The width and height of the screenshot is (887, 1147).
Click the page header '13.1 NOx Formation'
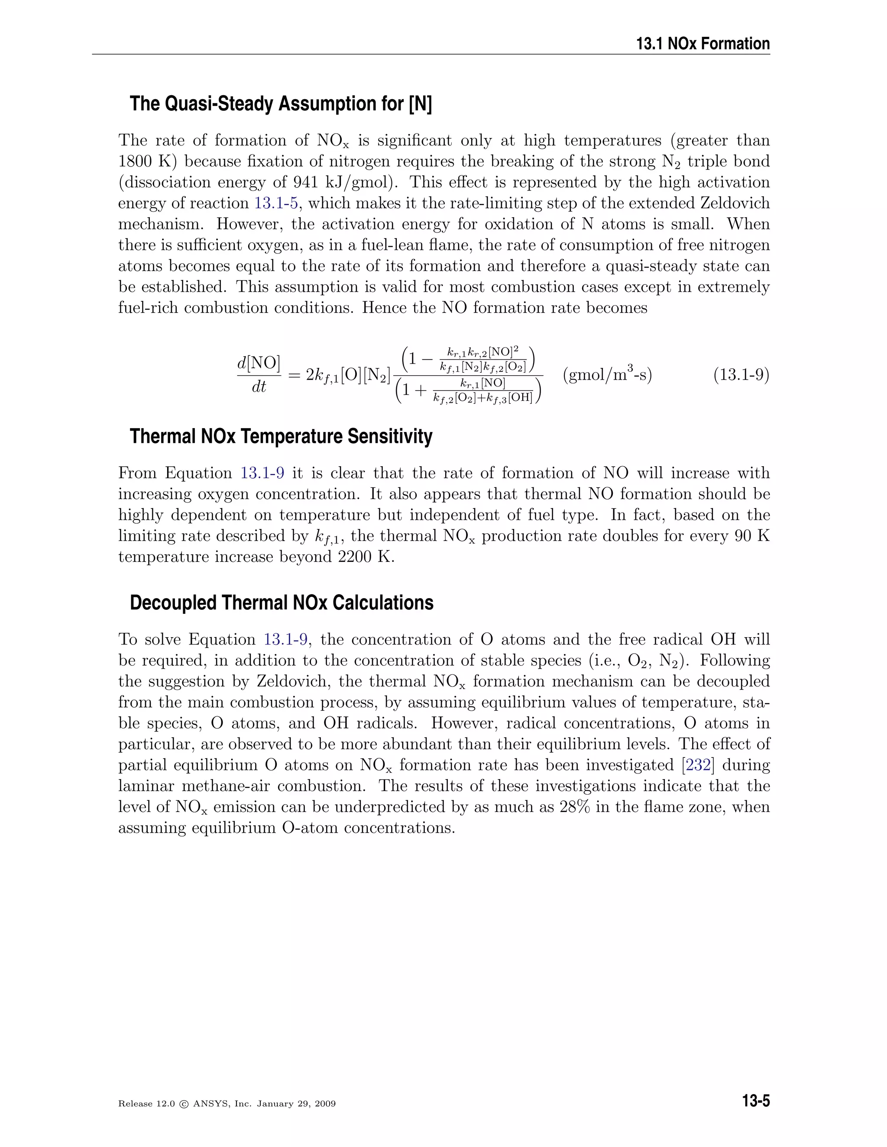click(702, 44)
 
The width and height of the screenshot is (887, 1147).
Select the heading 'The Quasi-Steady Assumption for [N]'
click(281, 104)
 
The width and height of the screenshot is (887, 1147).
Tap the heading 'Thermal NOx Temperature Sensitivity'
click(281, 436)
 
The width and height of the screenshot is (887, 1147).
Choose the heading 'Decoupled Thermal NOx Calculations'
click(281, 603)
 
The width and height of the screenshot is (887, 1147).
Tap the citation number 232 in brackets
click(698, 765)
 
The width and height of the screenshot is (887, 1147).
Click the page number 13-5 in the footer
click(756, 1101)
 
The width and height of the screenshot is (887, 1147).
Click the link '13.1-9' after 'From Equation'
click(262, 473)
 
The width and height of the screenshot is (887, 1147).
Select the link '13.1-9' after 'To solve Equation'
click(285, 640)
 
